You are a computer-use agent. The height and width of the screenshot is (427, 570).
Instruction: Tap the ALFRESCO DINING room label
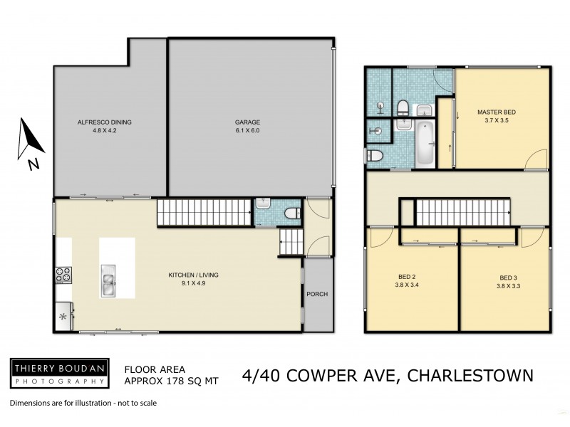pos(104,122)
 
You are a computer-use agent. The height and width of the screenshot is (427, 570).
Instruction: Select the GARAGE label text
pos(247,122)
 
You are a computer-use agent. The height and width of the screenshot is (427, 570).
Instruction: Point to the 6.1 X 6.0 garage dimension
pos(247,131)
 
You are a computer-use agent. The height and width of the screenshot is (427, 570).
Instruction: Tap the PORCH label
pos(317,294)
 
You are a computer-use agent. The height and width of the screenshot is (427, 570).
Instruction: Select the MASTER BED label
pos(497,112)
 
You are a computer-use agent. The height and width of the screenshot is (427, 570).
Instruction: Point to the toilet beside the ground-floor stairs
pos(291,213)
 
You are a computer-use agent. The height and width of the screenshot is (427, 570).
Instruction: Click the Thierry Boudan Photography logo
pos(59,372)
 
